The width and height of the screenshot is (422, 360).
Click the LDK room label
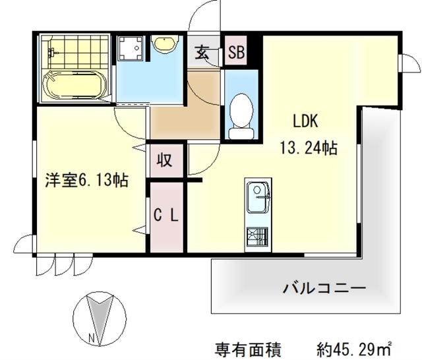click(x=306, y=121)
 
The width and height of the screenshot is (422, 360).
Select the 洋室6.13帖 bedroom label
click(x=86, y=179)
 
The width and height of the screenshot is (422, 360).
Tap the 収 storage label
click(x=164, y=160)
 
